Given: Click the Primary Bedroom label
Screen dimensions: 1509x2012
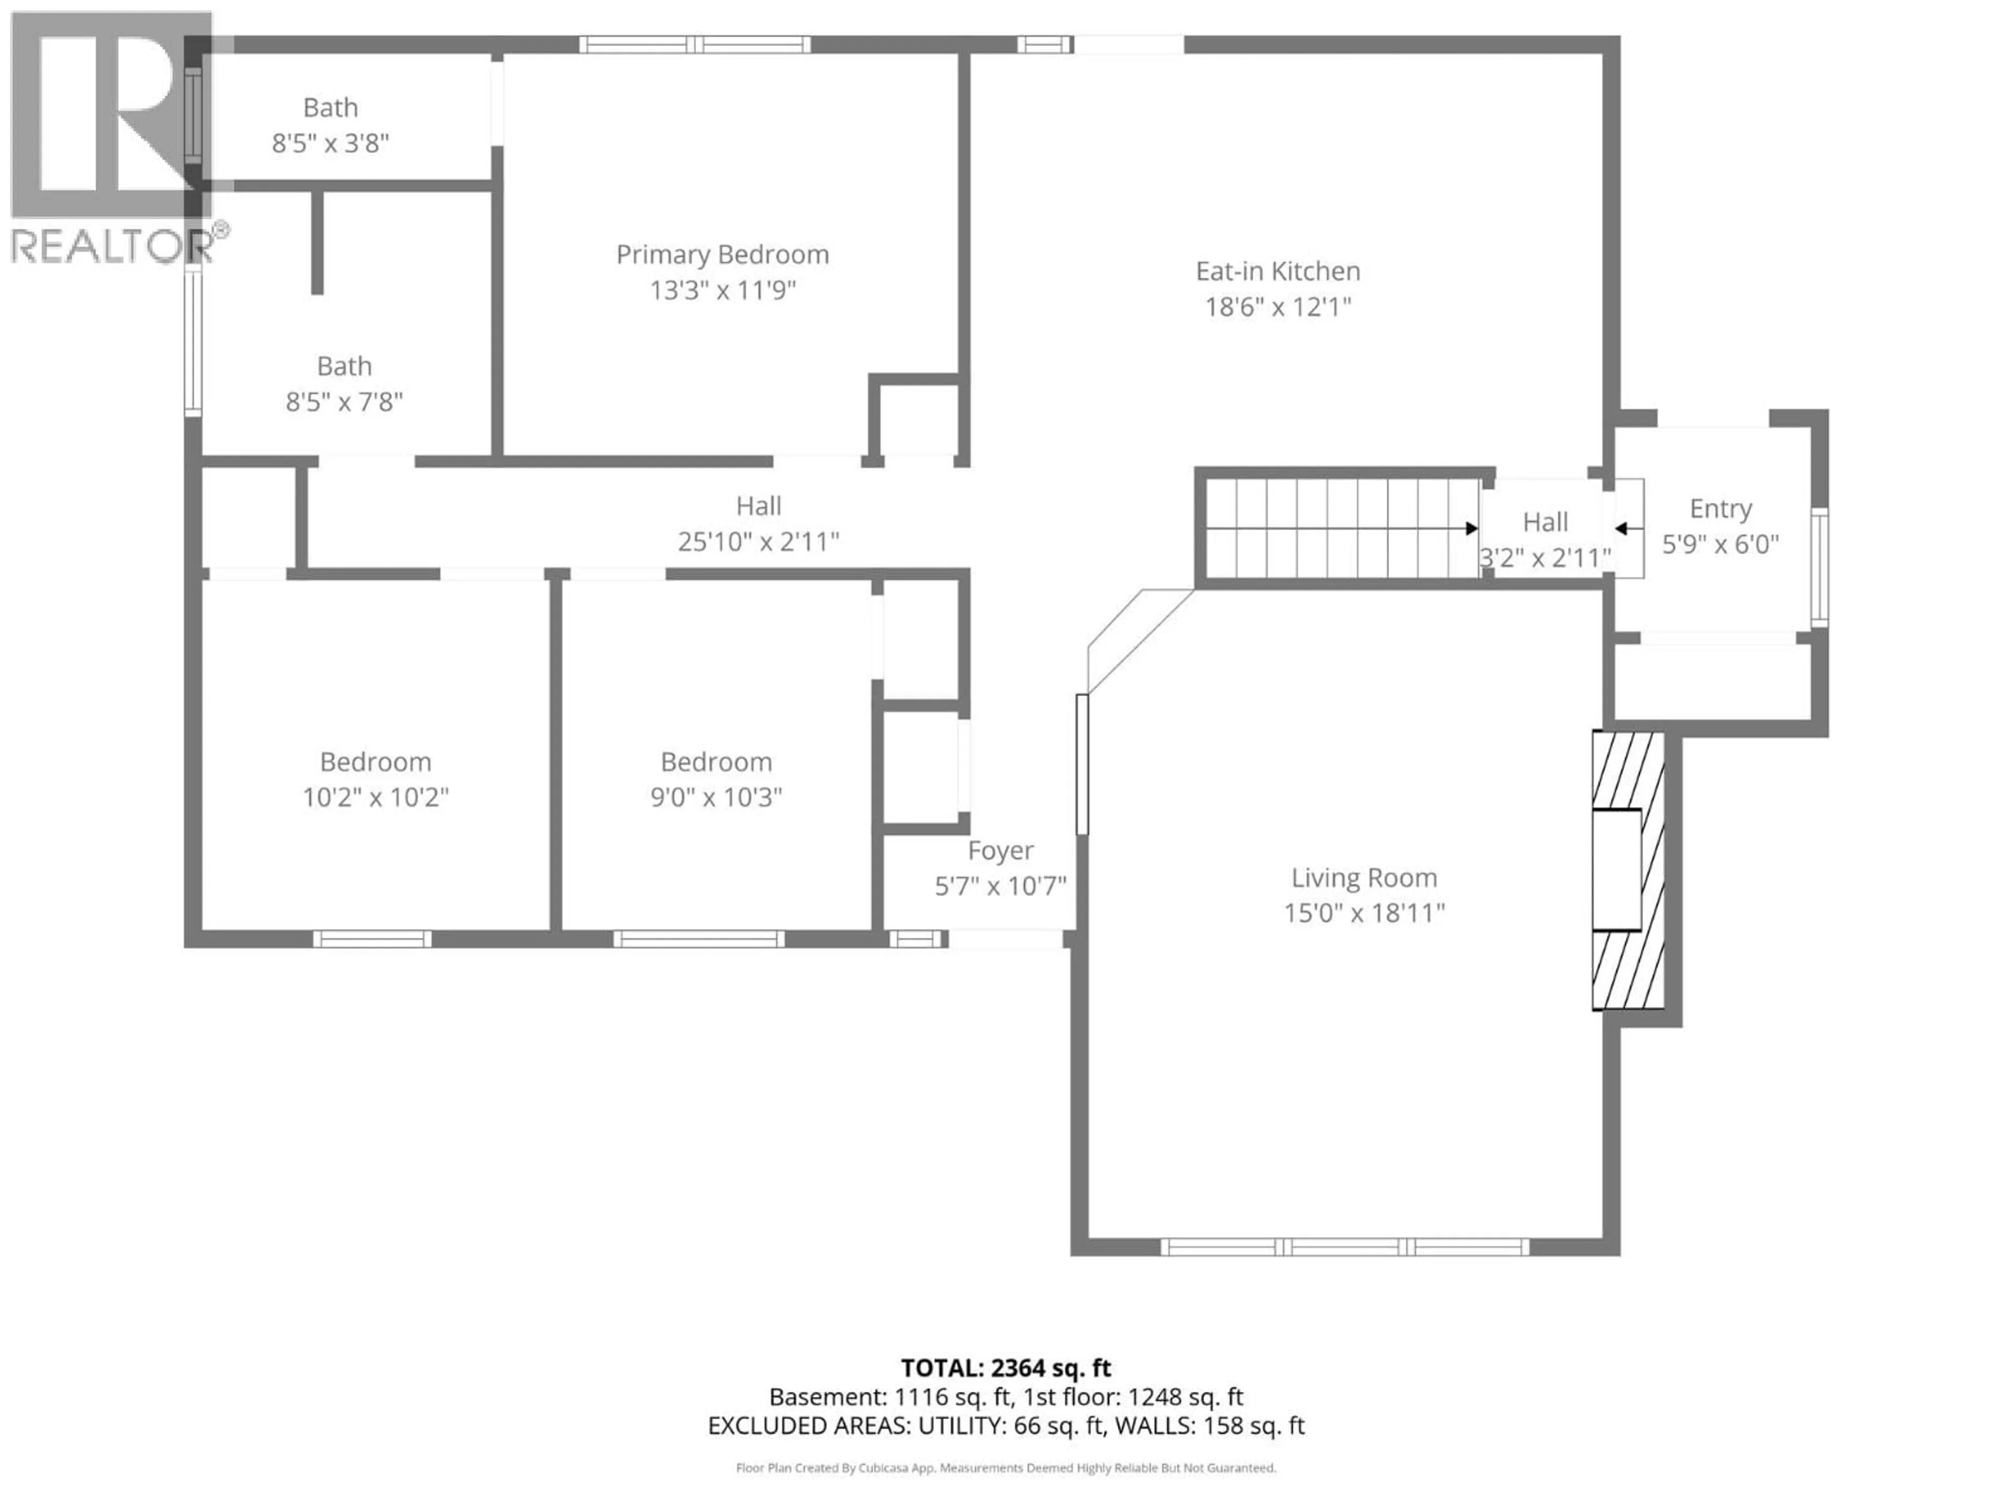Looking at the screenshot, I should click(722, 255).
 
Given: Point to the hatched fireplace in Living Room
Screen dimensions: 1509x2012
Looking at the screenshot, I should click(1628, 870).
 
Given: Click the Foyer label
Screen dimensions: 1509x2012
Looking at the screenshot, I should click(1000, 850).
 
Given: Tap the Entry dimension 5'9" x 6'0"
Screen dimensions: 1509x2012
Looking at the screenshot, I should click(1720, 544).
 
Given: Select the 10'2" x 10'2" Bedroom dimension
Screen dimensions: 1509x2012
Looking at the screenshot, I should click(375, 797).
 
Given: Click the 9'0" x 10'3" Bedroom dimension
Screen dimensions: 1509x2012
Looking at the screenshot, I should click(716, 797).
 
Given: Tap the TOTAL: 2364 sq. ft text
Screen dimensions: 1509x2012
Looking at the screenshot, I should click(1005, 1368).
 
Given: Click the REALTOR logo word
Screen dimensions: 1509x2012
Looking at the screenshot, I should click(111, 246).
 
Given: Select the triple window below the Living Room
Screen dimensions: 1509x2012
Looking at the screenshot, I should click(1346, 1247).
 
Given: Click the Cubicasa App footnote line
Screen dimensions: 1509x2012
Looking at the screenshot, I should click(1005, 1468).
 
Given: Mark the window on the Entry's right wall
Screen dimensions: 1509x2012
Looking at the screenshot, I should click(1819, 567).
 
